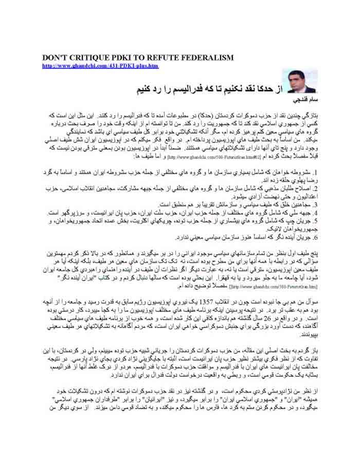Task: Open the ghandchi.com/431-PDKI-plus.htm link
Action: pos(100,66)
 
